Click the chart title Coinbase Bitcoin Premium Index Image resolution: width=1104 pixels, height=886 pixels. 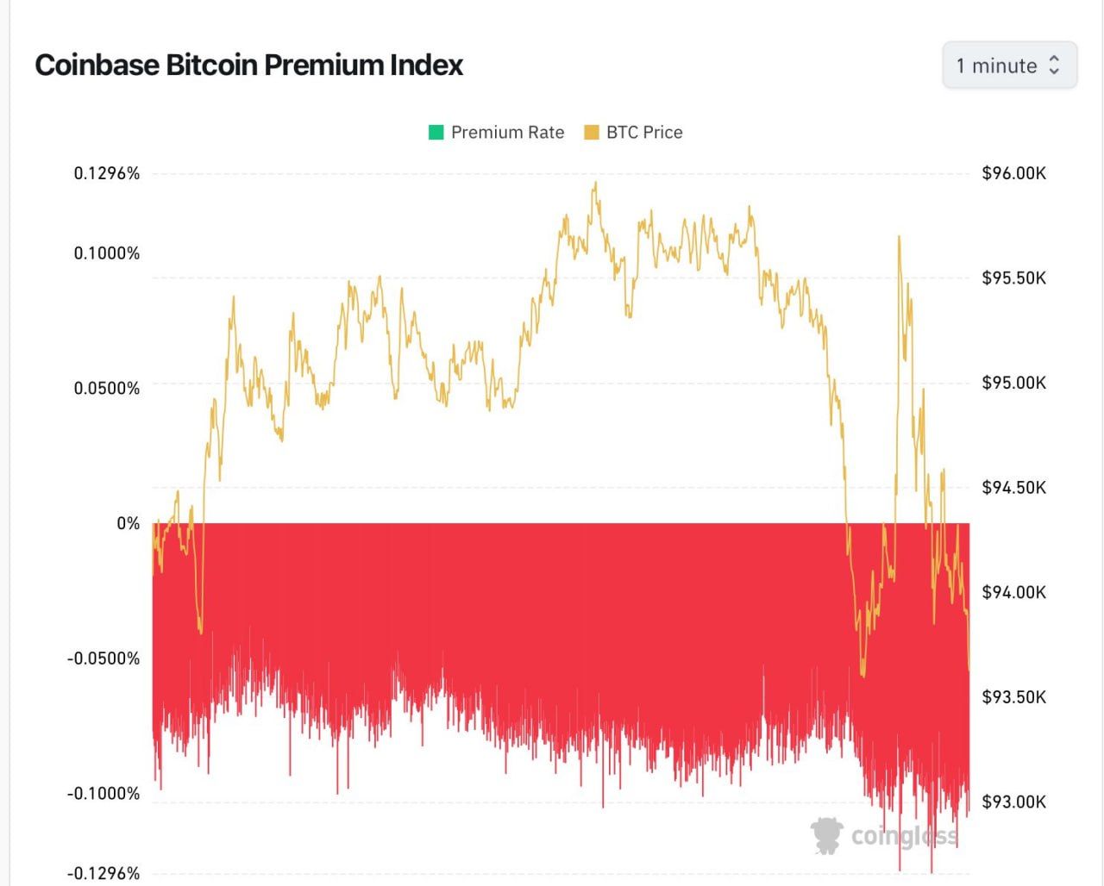point(248,66)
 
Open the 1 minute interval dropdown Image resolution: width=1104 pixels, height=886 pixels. point(1009,66)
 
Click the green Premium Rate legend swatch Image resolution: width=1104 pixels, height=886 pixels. point(436,133)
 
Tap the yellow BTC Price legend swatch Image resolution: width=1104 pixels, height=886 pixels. point(592,133)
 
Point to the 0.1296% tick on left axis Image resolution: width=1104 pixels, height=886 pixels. point(106,173)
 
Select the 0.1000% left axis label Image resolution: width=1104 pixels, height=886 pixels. point(106,253)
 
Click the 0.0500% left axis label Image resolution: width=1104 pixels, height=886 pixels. point(106,388)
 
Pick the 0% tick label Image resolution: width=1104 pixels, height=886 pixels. point(128,523)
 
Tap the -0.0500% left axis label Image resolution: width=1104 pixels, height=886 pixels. point(103,658)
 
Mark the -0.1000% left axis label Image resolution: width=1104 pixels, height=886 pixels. point(103,793)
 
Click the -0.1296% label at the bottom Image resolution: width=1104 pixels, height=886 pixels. point(103,873)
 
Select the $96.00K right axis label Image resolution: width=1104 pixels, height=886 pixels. point(1013,173)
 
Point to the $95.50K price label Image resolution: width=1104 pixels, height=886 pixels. point(1013,278)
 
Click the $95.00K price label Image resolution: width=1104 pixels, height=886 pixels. point(1013,383)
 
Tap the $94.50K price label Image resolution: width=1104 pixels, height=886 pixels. point(1013,488)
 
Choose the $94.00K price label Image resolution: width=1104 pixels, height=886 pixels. point(1013,592)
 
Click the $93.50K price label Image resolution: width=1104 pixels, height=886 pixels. point(1013,696)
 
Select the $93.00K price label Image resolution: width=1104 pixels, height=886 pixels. point(1013,802)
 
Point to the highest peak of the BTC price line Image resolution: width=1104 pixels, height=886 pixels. point(595,183)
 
